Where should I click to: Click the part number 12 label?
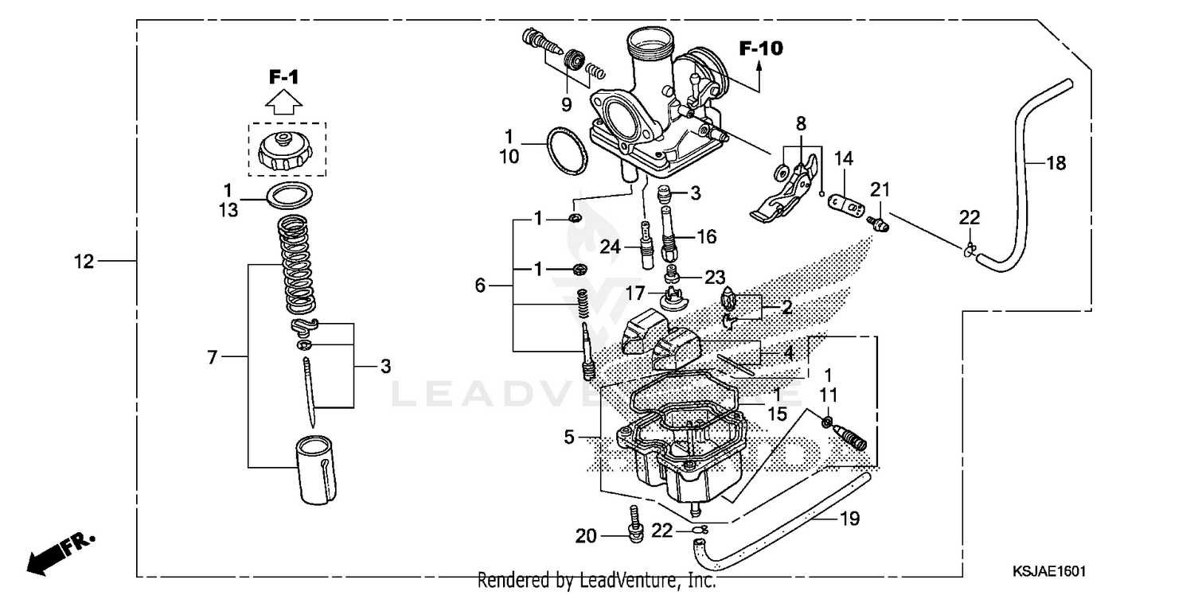[x=84, y=261]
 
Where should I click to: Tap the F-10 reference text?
[x=760, y=49]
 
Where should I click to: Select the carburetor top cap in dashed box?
[x=287, y=149]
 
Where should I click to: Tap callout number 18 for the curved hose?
[x=1055, y=164]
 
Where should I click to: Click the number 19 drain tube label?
[x=849, y=519]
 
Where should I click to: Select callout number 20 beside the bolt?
[x=586, y=537]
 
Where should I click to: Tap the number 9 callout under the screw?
[x=566, y=103]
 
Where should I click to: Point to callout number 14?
[x=843, y=159]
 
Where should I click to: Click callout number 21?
[x=879, y=189]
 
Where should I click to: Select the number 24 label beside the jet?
[x=610, y=247]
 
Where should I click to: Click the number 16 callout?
[x=706, y=236]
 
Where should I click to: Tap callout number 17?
[x=635, y=293]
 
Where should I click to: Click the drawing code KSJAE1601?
[x=1050, y=571]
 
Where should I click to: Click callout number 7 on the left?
[x=212, y=358]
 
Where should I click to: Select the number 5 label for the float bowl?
[x=568, y=437]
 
